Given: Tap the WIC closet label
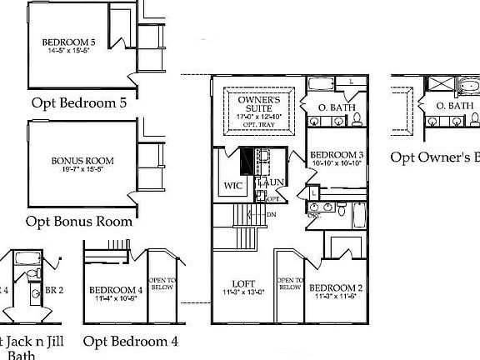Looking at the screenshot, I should (232, 186).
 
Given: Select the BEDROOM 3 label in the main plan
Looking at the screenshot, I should (336, 156).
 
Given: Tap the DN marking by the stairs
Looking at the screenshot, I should (271, 215).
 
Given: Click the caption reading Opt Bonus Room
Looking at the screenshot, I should (78, 222).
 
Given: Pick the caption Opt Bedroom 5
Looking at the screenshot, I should (80, 103).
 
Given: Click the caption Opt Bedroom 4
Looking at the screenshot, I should (131, 341).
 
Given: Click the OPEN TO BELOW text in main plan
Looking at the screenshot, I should (289, 283).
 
